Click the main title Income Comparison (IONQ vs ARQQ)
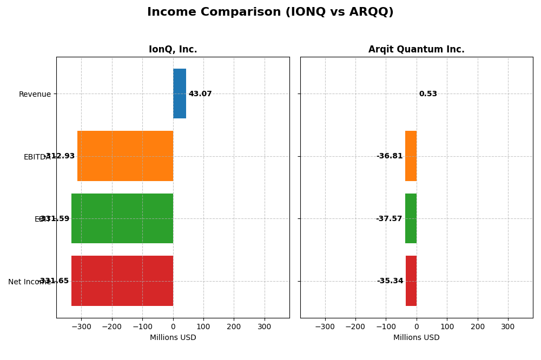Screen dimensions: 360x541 click(x=270, y=12)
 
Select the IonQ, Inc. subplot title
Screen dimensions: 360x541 click(x=173, y=50)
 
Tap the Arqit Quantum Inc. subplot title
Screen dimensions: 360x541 click(x=416, y=50)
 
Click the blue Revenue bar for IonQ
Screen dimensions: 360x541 click(x=180, y=94)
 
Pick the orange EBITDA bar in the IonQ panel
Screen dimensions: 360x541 click(x=125, y=156)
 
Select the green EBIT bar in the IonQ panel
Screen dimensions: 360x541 click(x=122, y=218)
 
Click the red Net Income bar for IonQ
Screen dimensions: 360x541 click(x=122, y=281)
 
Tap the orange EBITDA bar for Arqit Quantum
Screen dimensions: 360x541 click(x=411, y=156)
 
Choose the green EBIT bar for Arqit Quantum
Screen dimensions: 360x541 click(x=411, y=218)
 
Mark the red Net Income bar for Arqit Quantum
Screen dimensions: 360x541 click(x=411, y=281)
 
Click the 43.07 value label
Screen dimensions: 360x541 click(x=200, y=94)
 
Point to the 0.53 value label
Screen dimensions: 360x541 click(x=428, y=94)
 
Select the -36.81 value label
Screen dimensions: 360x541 click(x=390, y=156)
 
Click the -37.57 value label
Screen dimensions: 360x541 click(x=389, y=219)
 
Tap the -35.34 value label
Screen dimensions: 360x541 click(x=390, y=281)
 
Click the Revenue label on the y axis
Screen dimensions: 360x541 click(x=35, y=95)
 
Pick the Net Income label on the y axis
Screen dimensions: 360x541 click(x=30, y=282)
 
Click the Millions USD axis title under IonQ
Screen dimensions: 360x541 click(x=173, y=338)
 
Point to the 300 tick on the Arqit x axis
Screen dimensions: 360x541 click(x=507, y=327)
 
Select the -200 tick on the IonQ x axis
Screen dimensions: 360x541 click(x=112, y=327)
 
